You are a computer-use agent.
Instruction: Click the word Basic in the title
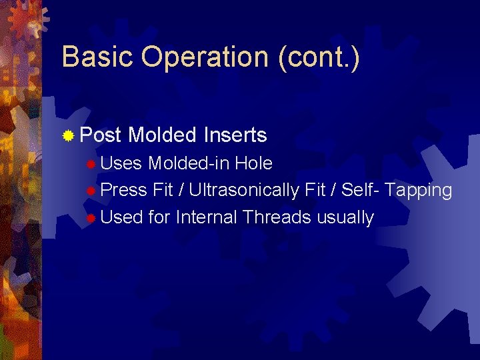click(99, 57)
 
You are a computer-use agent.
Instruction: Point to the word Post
click(100, 136)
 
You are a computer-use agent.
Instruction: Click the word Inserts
click(235, 136)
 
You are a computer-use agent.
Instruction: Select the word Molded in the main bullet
click(163, 136)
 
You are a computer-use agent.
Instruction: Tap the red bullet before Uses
click(91, 164)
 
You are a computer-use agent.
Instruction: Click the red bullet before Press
click(91, 191)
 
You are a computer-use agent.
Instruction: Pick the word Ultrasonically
click(243, 191)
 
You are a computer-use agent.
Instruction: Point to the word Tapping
click(419, 191)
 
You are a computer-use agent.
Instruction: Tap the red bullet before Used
click(91, 219)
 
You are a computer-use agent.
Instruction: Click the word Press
click(124, 191)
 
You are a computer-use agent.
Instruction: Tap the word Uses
click(121, 163)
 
